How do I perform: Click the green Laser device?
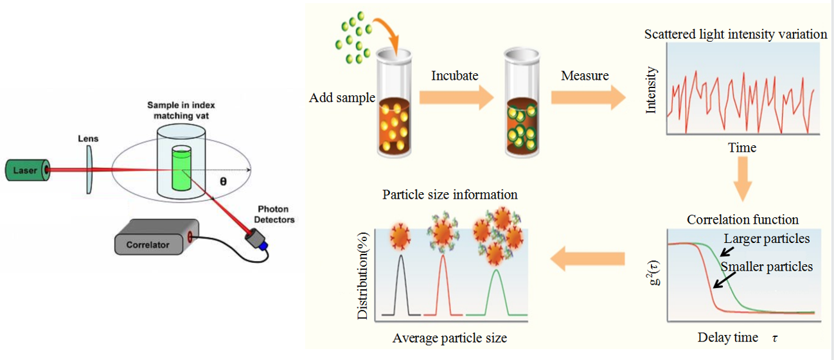tap(26, 170)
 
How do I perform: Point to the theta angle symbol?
tap(223, 182)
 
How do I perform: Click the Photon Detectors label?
tap(276, 214)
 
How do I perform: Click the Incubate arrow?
tap(455, 97)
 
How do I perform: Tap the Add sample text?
tap(341, 98)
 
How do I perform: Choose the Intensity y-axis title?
tap(652, 90)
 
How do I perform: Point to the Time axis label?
tap(742, 148)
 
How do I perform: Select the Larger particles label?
tap(767, 239)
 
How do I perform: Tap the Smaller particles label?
tap(767, 266)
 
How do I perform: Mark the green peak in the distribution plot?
tap(496, 292)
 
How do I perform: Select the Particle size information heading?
tap(450, 194)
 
